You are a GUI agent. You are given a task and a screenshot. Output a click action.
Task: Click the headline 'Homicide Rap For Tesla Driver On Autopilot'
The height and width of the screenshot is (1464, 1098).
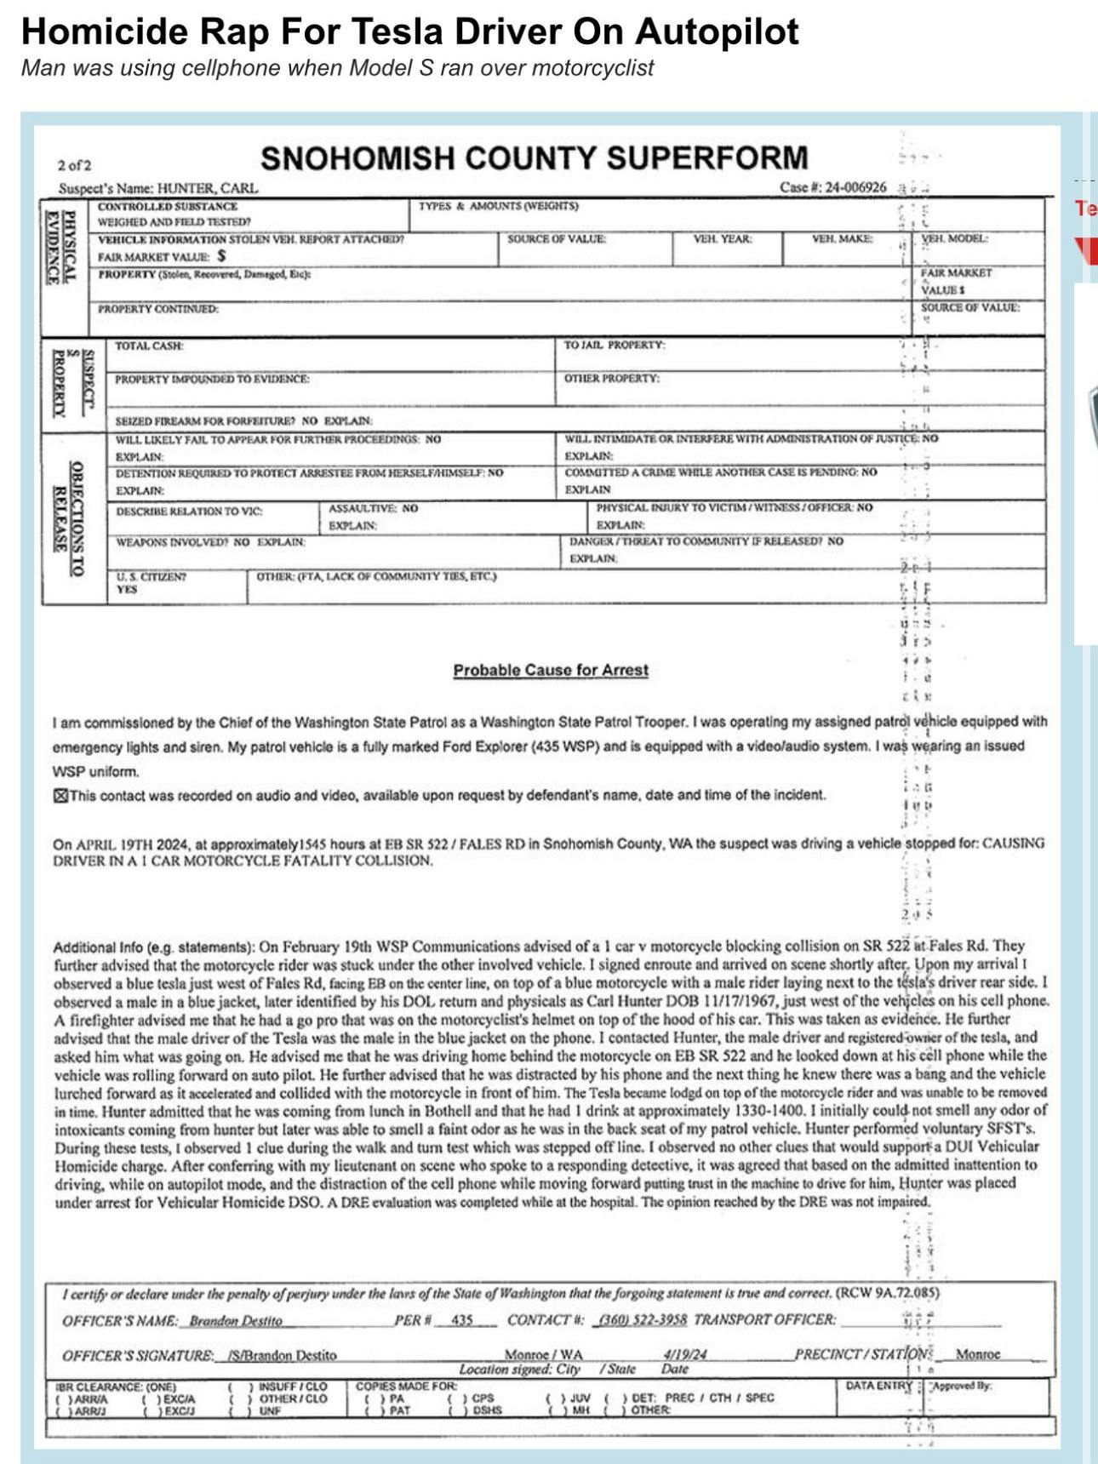coord(409,31)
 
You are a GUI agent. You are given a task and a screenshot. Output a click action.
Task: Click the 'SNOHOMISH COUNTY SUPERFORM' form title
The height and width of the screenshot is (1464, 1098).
coord(534,158)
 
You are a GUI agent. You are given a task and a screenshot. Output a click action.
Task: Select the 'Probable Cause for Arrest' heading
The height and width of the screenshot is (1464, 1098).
coord(550,670)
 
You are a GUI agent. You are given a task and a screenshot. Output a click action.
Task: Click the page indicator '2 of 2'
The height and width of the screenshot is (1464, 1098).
coord(74,165)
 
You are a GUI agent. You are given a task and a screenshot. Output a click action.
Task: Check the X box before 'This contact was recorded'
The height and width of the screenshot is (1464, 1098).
coord(60,796)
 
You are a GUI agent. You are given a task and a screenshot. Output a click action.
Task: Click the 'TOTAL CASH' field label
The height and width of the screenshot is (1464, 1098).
coord(149,346)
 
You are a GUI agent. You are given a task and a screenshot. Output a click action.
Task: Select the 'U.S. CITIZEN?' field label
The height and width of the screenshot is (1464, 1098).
coord(151,576)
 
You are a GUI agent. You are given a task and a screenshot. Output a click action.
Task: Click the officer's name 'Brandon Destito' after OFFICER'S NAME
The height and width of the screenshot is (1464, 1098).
coord(235,1321)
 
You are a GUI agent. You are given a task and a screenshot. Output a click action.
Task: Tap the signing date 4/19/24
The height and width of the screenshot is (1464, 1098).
coord(685,1353)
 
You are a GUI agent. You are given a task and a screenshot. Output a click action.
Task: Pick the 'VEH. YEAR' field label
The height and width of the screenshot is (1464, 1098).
coord(723,239)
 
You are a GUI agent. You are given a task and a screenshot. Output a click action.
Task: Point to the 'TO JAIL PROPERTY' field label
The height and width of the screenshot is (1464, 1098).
coord(614,345)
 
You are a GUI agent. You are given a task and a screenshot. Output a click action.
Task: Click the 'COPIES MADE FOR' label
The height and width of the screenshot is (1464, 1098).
coord(406,1386)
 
